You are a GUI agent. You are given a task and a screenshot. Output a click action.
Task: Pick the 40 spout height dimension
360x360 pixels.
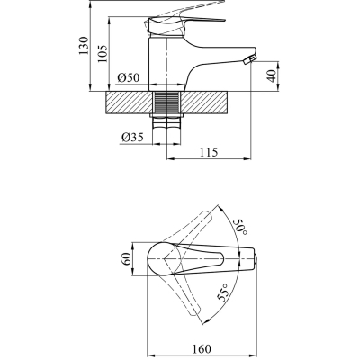coord(270,73)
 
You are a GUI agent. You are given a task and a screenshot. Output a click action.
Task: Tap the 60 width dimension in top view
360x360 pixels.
coord(127,259)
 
